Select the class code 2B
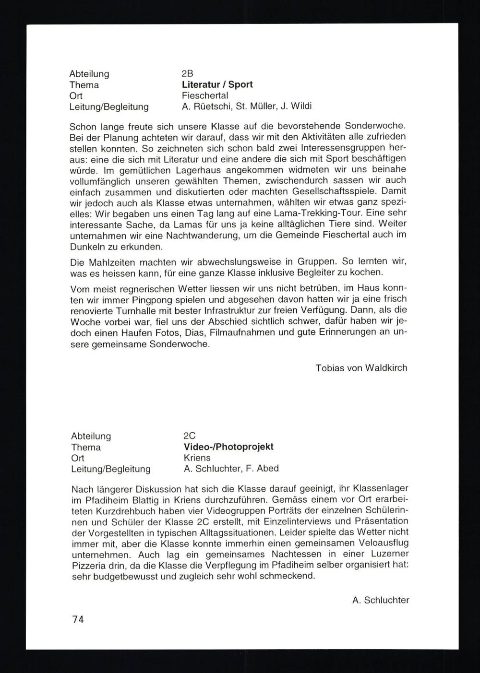[187, 74]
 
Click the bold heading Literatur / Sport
[217, 84]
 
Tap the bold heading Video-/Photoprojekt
[228, 447]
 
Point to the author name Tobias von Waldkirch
[361, 368]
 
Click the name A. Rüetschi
[205, 106]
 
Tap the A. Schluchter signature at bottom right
[380, 600]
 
